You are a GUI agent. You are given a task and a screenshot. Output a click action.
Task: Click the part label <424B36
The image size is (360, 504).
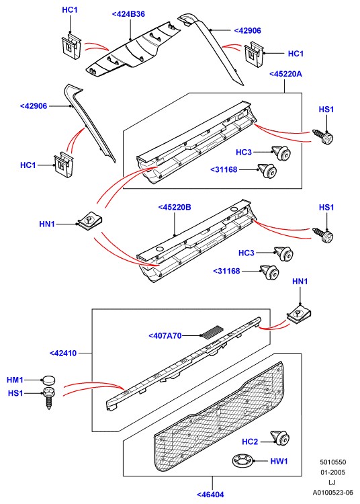click(x=128, y=14)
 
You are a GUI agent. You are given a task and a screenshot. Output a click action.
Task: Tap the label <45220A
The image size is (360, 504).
click(x=285, y=74)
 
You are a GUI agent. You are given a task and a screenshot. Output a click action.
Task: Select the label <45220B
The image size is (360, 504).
click(x=175, y=208)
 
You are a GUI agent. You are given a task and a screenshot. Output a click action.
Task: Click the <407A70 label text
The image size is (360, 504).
click(x=165, y=335)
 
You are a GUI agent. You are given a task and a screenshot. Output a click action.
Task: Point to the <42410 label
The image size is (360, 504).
click(x=63, y=353)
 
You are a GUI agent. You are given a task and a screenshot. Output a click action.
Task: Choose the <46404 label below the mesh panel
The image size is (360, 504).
click(x=210, y=495)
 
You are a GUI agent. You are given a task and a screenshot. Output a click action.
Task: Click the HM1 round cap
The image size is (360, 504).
click(x=48, y=380)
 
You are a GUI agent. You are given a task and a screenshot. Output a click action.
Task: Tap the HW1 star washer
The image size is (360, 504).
click(x=243, y=461)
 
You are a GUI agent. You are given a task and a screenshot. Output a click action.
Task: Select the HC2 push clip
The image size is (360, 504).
click(x=281, y=437)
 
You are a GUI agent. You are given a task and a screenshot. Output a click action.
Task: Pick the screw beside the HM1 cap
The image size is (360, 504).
click(x=49, y=398)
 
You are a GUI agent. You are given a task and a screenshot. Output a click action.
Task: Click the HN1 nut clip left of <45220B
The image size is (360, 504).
click(x=90, y=221)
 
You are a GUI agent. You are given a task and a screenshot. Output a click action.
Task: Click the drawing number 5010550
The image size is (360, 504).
click(x=332, y=462)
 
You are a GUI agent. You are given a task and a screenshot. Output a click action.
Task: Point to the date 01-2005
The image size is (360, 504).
click(x=332, y=472)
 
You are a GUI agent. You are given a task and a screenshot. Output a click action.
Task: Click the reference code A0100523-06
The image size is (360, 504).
click(x=332, y=493)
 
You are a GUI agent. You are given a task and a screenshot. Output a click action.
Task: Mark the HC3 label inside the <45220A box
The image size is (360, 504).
click(x=244, y=152)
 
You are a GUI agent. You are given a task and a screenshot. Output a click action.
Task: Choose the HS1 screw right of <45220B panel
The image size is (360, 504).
click(x=323, y=236)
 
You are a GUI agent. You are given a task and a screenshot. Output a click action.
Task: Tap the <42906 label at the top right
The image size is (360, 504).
click(x=247, y=31)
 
